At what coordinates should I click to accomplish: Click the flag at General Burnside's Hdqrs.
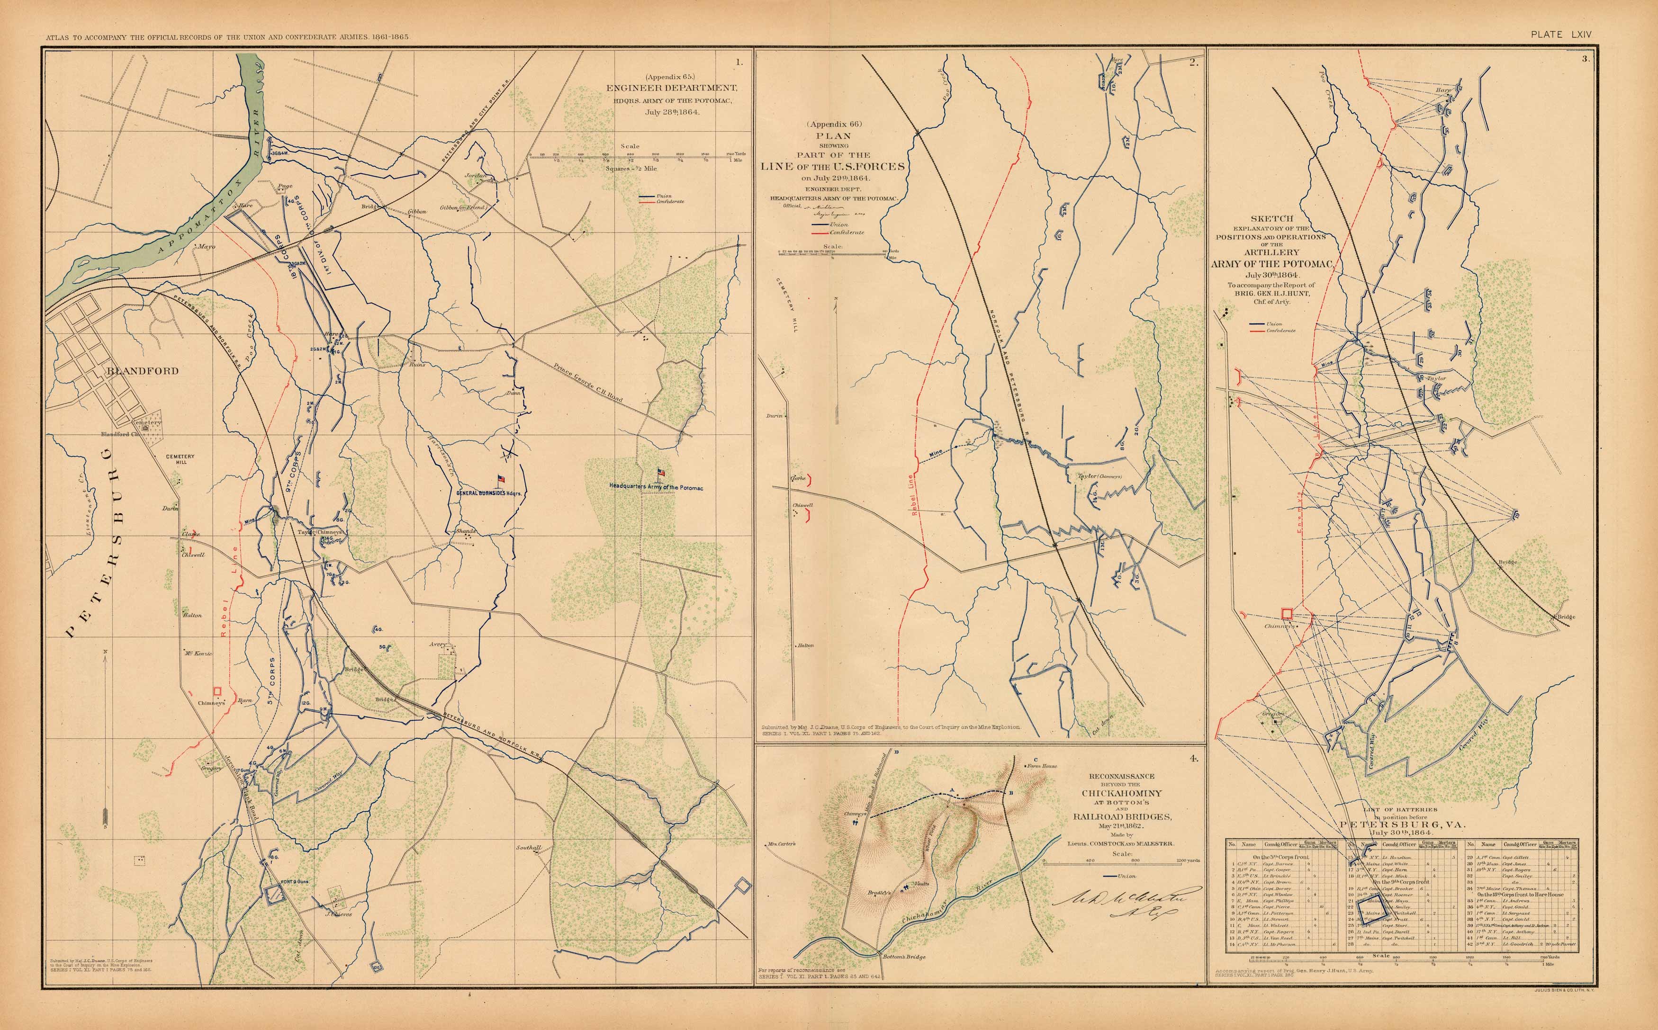(502, 480)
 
